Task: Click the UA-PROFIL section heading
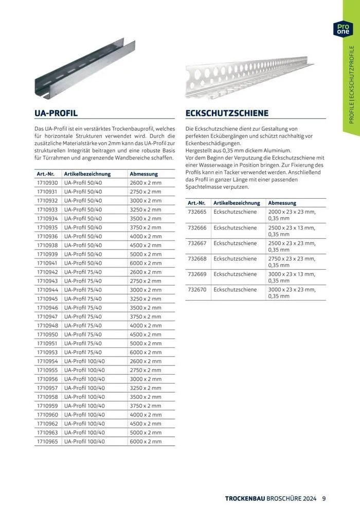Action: coord(56,113)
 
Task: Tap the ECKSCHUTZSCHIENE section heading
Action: coord(227,113)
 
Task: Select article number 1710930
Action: coord(47,183)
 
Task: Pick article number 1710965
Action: coord(47,441)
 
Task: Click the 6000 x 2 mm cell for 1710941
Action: coord(146,263)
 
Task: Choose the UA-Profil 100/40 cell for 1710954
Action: coord(85,361)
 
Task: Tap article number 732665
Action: coord(197,212)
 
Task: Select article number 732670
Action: coord(197,289)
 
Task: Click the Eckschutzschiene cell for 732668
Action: coord(235,258)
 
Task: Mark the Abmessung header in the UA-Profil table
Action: coord(144,174)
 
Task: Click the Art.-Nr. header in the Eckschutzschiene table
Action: coord(197,203)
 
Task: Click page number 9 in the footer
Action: coord(324,498)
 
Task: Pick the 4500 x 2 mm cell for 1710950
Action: coord(146,335)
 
